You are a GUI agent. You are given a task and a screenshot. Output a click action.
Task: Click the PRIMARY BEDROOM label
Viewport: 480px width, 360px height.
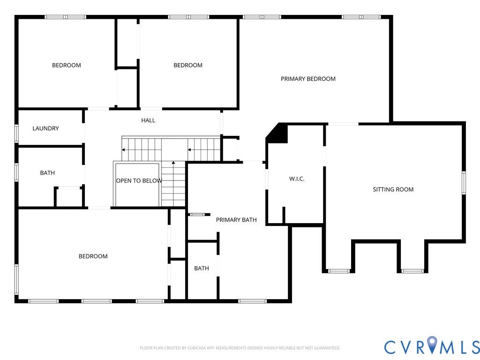point(308,79)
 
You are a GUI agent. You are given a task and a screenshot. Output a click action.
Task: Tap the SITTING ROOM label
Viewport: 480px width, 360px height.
point(393,189)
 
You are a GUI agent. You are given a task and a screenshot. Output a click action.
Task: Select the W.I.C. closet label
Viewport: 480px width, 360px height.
point(297,179)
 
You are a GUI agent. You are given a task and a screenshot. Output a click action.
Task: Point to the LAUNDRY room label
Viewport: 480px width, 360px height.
point(45,128)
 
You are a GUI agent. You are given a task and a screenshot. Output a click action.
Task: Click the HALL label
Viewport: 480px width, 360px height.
point(148,120)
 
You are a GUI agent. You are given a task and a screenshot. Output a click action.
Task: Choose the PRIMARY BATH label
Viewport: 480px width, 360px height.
point(236,220)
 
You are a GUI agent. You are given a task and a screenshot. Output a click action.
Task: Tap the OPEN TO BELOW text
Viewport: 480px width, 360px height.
point(139,180)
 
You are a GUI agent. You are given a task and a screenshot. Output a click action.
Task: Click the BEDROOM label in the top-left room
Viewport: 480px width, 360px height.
point(67,65)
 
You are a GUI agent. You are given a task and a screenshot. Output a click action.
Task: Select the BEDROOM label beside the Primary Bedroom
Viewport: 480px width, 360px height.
point(188,65)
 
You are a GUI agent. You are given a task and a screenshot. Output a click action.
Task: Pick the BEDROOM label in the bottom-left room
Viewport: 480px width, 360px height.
point(93,256)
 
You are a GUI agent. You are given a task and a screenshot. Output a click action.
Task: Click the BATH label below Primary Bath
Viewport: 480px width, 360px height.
point(202,268)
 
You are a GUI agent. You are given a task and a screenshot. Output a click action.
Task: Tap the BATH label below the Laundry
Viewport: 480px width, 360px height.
point(47,173)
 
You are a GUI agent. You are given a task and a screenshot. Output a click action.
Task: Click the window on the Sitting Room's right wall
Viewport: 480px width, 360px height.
point(464,183)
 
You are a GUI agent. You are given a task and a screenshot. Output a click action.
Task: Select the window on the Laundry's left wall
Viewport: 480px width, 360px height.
point(16,134)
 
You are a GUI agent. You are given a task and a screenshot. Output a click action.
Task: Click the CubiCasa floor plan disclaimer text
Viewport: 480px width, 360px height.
point(240,348)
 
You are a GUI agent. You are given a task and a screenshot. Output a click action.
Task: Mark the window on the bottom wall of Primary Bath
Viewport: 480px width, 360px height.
point(252,301)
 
